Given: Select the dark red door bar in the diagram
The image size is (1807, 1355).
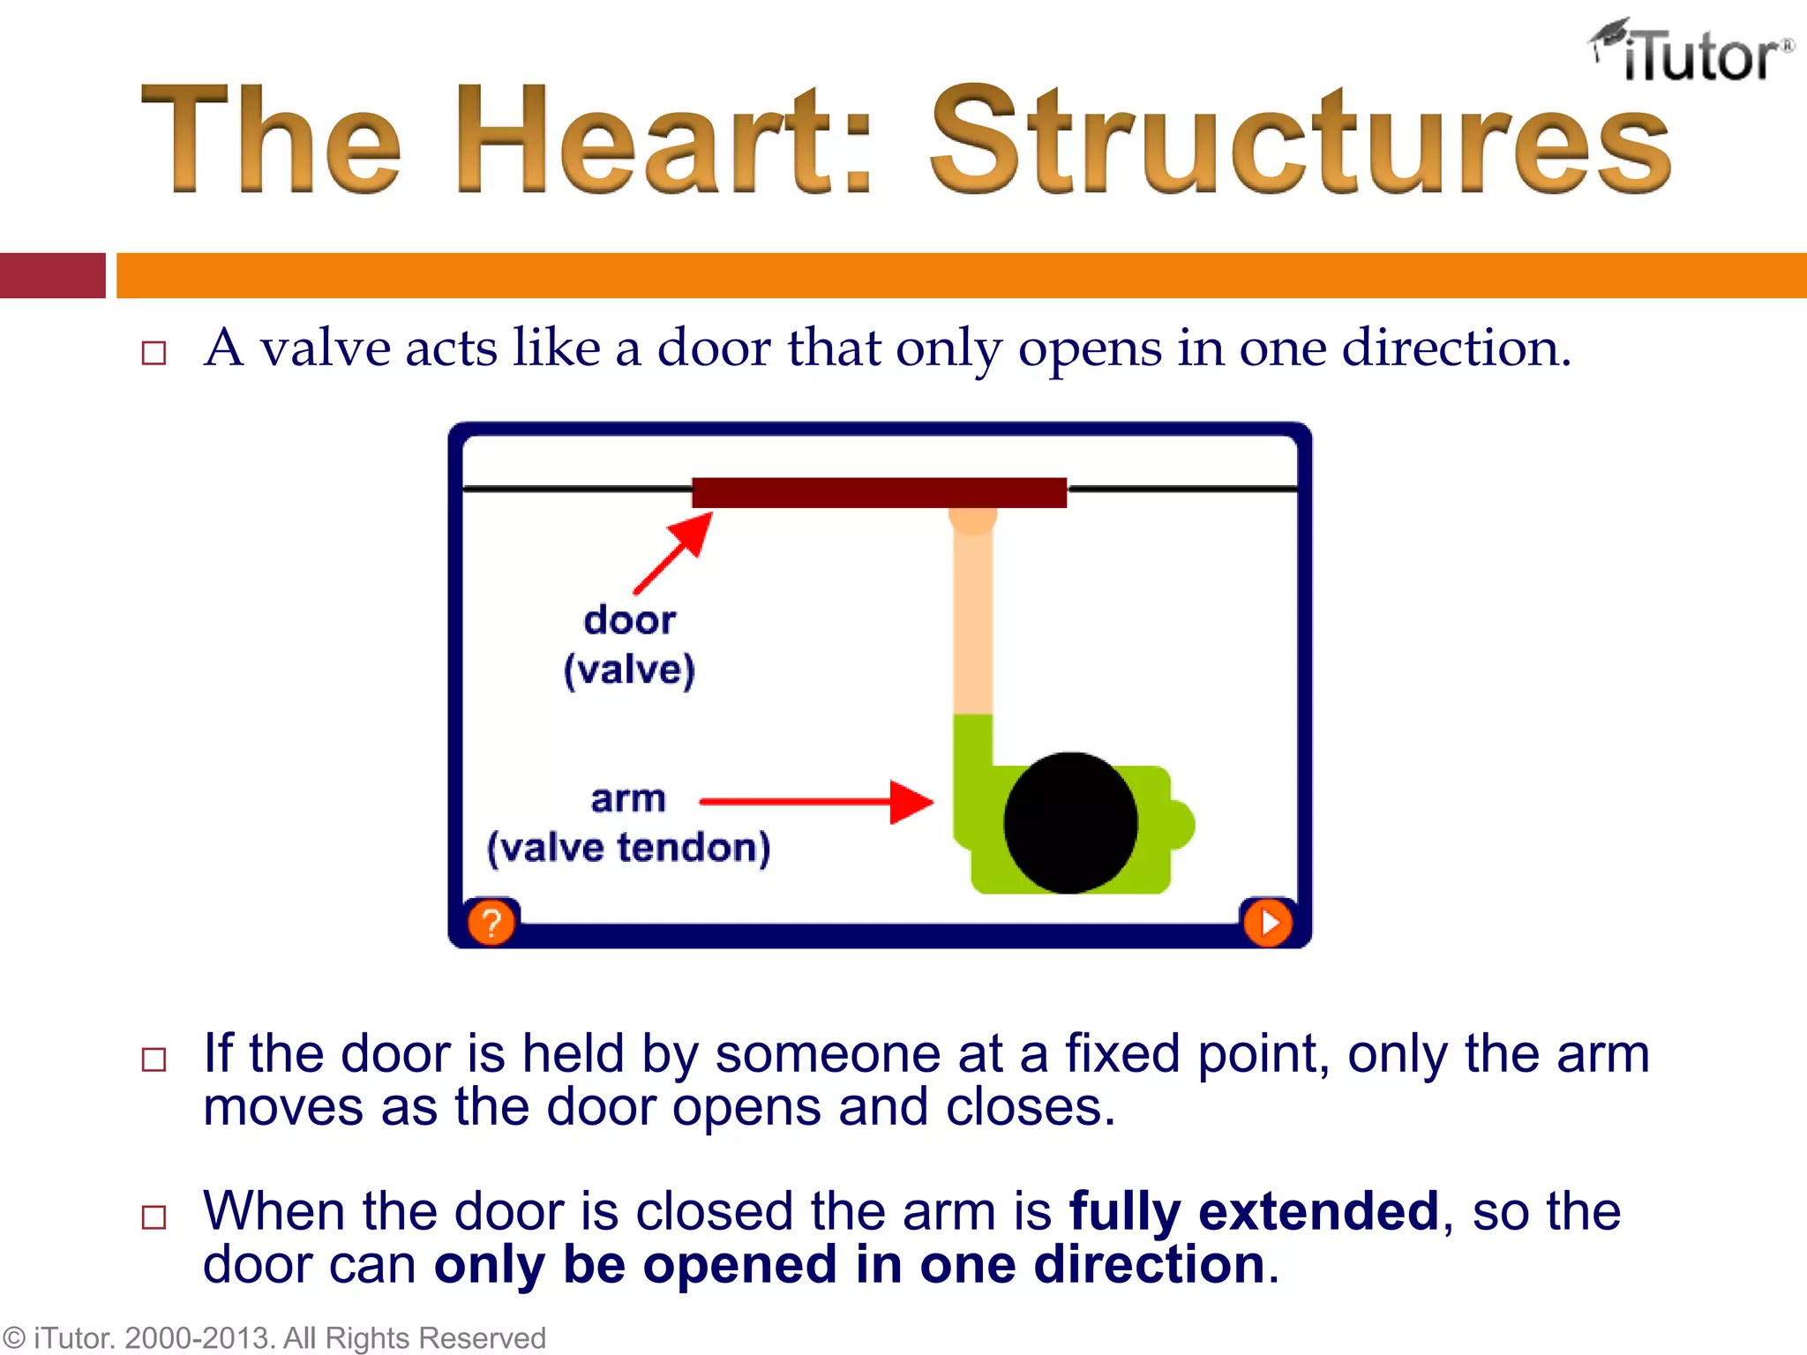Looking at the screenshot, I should (879, 492).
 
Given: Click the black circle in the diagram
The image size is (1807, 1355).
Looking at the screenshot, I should (1070, 822).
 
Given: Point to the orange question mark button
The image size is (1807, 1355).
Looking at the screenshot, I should (491, 923).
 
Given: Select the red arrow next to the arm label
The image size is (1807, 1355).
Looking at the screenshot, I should (816, 802).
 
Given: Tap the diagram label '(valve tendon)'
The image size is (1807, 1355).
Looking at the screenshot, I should (628, 848).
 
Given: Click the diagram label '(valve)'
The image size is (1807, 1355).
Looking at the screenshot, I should (629, 670).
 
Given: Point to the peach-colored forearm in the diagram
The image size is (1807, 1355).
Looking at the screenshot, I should (972, 618).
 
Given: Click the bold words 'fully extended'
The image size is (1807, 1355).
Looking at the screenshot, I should (1254, 1210).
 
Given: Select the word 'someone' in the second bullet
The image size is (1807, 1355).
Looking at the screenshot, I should (828, 1053).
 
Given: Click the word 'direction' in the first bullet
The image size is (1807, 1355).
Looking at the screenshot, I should (1454, 348).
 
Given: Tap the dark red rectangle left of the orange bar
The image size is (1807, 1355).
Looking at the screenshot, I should (52, 275).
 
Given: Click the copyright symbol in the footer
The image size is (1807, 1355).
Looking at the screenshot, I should (14, 1338).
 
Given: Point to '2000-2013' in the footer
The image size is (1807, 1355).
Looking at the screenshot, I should (198, 1338).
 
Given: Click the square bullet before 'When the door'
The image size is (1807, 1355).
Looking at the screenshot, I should (154, 1217).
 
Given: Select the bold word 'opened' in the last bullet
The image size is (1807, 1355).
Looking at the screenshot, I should (739, 1265).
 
